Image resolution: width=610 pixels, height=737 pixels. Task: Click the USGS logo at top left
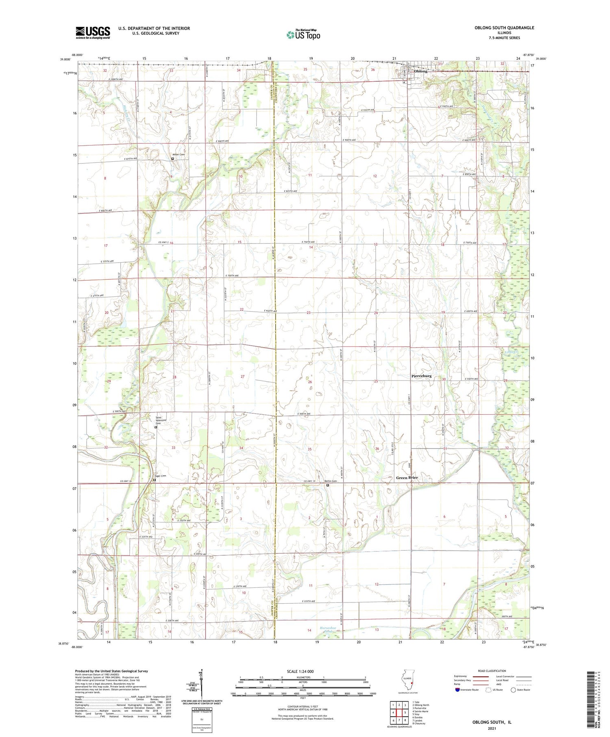(93, 33)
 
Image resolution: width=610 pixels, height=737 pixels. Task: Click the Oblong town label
(420, 71)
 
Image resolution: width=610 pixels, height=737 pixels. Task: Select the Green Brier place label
(407, 478)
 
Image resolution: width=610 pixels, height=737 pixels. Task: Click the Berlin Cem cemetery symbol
(328, 485)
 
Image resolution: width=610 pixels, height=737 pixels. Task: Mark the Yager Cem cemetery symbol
(154, 480)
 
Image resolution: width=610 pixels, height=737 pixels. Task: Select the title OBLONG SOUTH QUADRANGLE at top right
(504, 28)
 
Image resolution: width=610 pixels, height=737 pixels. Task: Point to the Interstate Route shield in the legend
(457, 690)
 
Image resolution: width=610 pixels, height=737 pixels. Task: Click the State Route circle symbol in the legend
(513, 690)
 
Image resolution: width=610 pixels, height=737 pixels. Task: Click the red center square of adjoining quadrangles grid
(399, 709)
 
